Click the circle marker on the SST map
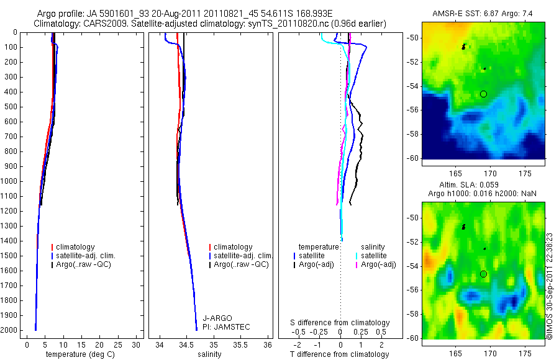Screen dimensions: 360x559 click(x=484, y=94)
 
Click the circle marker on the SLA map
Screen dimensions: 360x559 click(x=484, y=274)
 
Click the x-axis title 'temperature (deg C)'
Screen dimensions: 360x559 click(x=78, y=354)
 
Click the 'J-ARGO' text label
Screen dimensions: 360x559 click(x=216, y=318)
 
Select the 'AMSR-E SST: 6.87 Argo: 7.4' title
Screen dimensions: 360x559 click(x=482, y=13)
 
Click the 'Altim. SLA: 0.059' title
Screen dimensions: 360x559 click(x=482, y=185)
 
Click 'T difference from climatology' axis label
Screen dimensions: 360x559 click(x=340, y=354)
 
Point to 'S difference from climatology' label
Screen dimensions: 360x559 click(x=340, y=323)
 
